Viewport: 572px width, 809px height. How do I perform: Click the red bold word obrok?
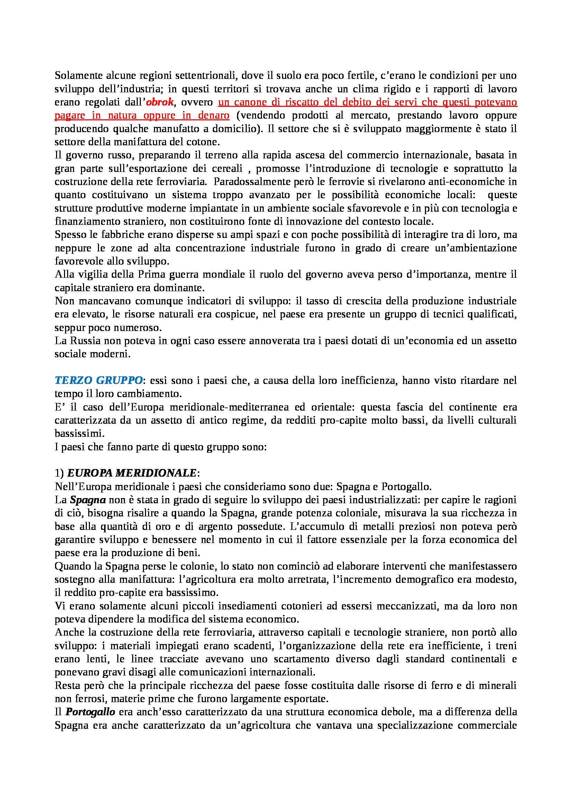[160, 102]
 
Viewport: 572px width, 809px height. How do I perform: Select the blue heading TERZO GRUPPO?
[99, 380]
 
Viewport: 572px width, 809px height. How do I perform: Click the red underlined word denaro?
[214, 116]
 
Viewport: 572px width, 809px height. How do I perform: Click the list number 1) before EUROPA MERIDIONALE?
[59, 473]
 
